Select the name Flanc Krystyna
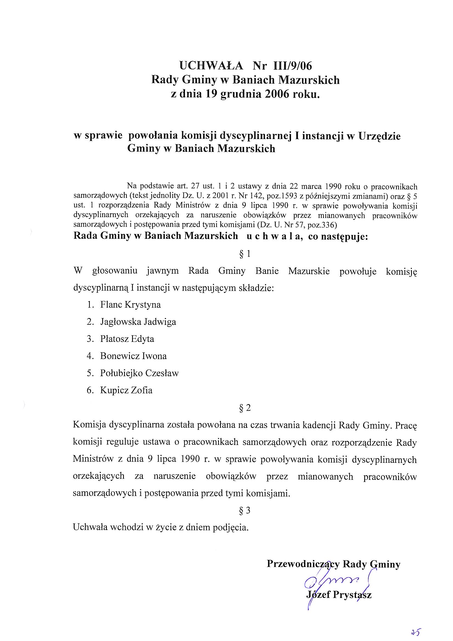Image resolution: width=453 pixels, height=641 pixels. tap(130, 305)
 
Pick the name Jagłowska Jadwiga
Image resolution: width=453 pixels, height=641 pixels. tap(138, 322)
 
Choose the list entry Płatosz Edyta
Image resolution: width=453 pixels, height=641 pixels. tap(127, 339)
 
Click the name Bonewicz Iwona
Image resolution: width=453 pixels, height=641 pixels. tap(133, 356)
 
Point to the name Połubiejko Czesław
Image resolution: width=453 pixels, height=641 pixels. tap(139, 373)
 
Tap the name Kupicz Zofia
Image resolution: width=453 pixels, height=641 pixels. tap(126, 390)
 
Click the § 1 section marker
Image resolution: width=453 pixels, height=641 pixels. tap(245, 254)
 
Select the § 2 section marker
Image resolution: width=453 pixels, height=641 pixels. tap(245, 408)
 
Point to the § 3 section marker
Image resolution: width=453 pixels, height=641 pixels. tap(245, 510)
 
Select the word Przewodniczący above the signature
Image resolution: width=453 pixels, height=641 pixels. tap(303, 564)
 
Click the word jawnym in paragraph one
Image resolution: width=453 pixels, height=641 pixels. tap(163, 271)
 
